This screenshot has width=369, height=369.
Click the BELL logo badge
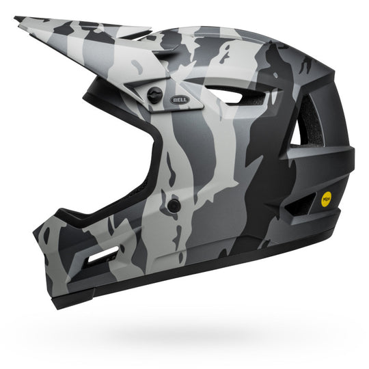tap(181, 99)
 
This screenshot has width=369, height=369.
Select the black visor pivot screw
tap(156, 96)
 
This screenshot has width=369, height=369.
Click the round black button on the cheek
tap(174, 205)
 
